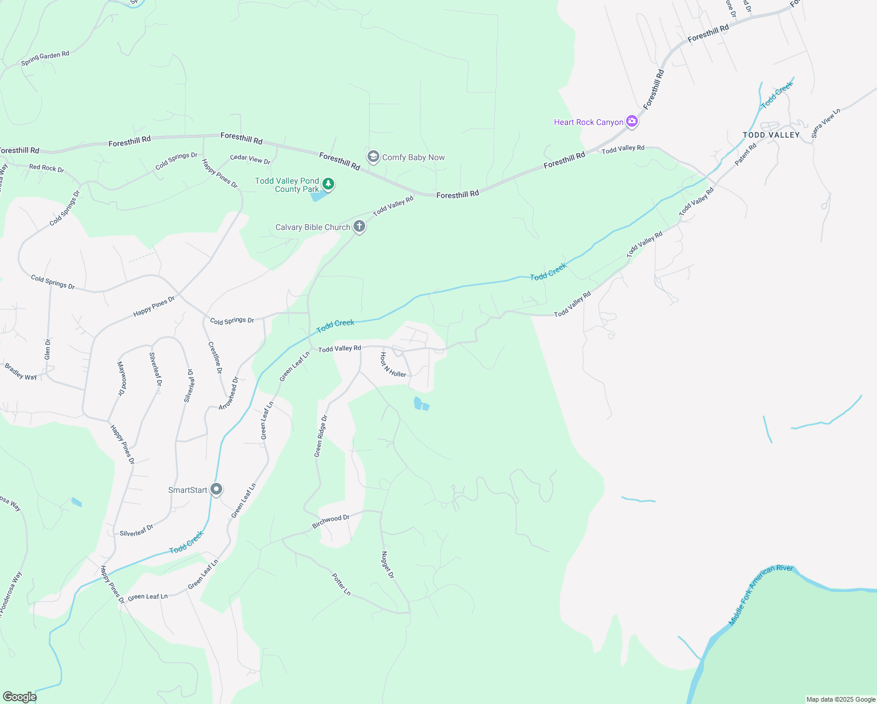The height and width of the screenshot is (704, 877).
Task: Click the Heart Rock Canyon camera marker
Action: (x=631, y=121)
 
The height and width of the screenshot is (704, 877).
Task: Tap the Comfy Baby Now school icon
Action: (x=373, y=157)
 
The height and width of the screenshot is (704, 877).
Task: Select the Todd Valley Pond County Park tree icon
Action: (x=329, y=184)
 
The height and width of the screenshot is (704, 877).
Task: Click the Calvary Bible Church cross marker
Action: (x=359, y=226)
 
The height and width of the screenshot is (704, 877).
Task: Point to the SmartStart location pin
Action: (x=216, y=489)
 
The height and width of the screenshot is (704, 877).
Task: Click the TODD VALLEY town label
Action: (x=771, y=135)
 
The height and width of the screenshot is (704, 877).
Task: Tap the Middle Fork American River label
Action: (x=760, y=594)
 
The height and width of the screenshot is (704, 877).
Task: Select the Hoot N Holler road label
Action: (x=393, y=365)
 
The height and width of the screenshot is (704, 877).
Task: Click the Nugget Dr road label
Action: (x=387, y=565)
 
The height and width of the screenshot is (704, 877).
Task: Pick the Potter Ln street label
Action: (x=341, y=584)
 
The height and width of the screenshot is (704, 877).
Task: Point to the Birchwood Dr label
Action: (x=331, y=522)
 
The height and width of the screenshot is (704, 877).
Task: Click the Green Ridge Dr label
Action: (x=321, y=436)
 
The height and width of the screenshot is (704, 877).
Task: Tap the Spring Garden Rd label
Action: (x=45, y=58)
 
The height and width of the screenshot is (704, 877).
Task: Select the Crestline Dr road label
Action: (x=215, y=357)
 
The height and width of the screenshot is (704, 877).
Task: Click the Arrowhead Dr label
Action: (x=229, y=393)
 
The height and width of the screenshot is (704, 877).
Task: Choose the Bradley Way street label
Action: (x=21, y=372)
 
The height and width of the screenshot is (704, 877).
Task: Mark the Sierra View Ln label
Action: (x=825, y=123)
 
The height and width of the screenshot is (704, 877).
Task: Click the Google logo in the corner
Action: (x=19, y=697)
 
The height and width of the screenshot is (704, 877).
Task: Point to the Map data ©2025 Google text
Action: (x=841, y=699)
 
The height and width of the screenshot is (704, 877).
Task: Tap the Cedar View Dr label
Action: (x=250, y=159)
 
